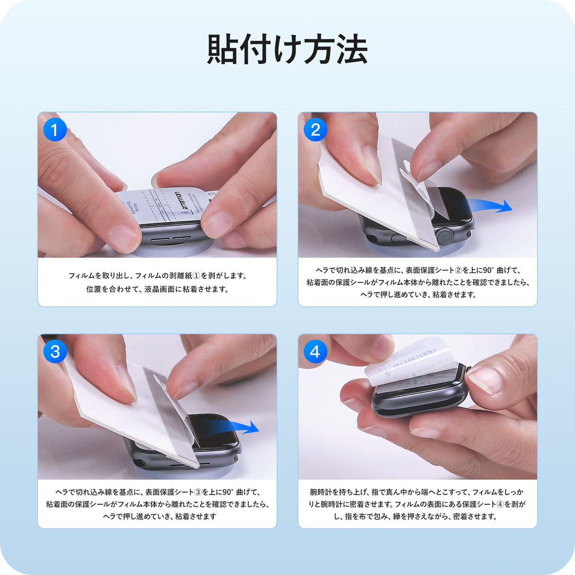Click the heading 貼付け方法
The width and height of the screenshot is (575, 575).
pyautogui.click(x=287, y=50)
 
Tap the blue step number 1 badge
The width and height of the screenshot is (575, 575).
pyautogui.click(x=54, y=130)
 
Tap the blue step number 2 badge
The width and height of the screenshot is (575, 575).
pyautogui.click(x=315, y=129)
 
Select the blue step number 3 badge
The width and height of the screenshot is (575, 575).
pyautogui.click(x=55, y=351)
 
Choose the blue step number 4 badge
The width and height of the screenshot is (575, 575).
pyautogui.click(x=315, y=351)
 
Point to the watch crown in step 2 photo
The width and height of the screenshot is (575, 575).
pyautogui.click(x=444, y=235)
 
